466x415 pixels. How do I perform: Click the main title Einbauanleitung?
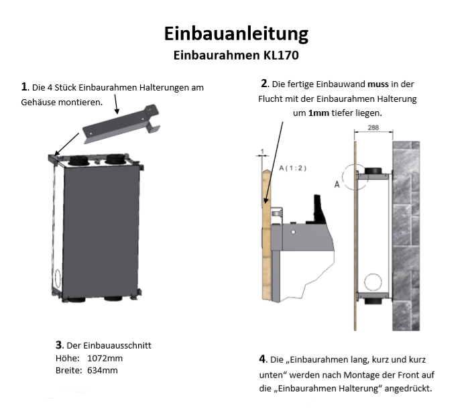point(236,34)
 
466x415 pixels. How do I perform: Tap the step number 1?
point(24,86)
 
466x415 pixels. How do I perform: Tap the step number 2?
point(264,84)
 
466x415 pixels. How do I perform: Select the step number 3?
point(58,345)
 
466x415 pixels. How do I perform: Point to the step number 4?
point(262,359)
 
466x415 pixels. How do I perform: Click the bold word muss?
point(378,84)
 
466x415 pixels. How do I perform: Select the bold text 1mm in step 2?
point(318,113)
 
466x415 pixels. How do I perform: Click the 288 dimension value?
point(373,127)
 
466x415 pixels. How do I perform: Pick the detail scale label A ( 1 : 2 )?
point(292,168)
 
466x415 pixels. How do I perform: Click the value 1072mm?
point(105,358)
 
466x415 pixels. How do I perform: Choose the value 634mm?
point(103,371)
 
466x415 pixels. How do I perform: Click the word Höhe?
point(68,358)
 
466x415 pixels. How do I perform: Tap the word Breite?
point(68,371)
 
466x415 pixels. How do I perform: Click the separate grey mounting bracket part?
point(121,125)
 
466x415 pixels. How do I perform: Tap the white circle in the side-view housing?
point(373,282)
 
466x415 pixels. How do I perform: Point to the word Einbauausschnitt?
point(117,345)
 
